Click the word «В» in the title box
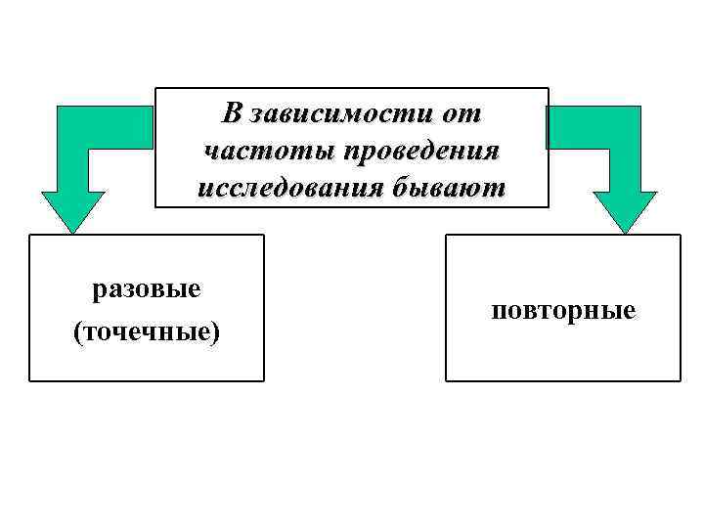[232, 113]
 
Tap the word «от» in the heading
[461, 113]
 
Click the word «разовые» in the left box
[147, 290]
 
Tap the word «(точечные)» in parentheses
[147, 332]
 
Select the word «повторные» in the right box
[564, 311]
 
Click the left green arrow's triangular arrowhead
[73, 210]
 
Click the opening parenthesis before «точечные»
[78, 333]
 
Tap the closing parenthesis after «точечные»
[216, 333]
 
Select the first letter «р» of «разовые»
[99, 292]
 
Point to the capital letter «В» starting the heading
[232, 113]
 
